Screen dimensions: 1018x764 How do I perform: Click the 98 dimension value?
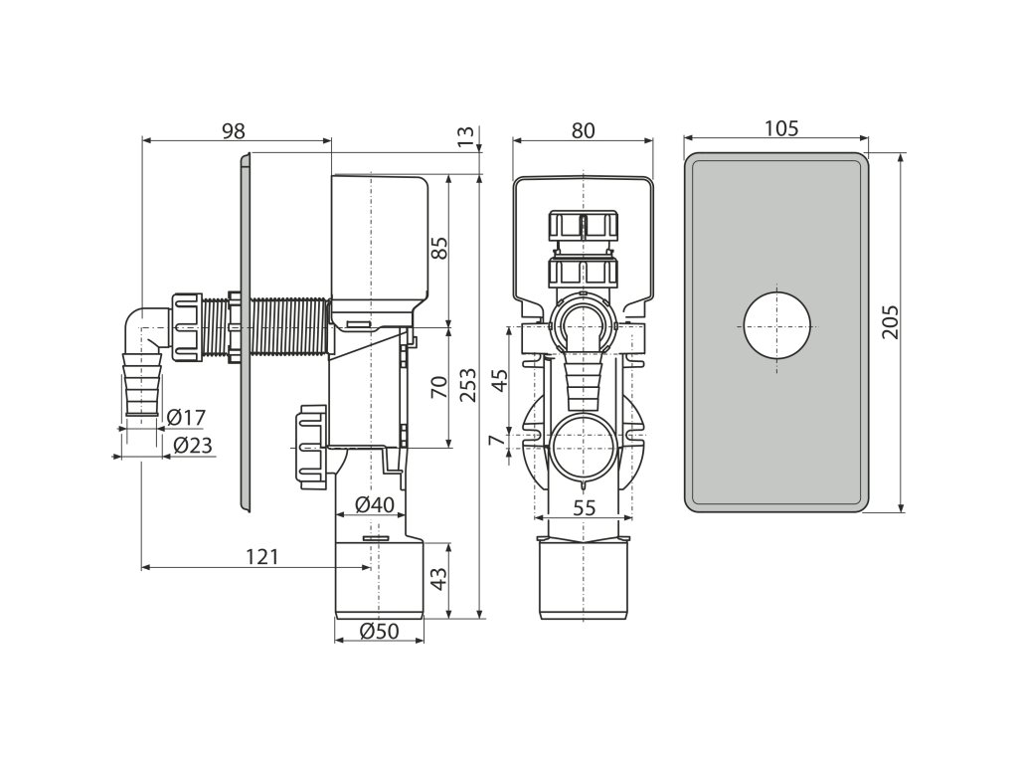[233, 130]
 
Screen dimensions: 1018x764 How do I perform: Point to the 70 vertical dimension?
[438, 386]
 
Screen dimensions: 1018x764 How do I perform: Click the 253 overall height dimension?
[468, 384]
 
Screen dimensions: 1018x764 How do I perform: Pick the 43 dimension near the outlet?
[438, 577]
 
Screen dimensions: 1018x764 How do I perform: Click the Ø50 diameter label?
[379, 631]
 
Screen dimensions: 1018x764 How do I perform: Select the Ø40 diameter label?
[375, 504]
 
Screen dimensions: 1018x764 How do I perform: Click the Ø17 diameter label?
[187, 417]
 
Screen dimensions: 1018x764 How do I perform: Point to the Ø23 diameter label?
[192, 446]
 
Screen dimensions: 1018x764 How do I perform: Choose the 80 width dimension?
[584, 130]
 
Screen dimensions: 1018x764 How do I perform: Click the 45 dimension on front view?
[500, 379]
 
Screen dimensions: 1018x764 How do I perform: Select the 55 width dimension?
[585, 507]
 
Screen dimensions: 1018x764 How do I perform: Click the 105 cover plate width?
[781, 128]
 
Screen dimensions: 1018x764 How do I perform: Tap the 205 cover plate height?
[891, 321]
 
